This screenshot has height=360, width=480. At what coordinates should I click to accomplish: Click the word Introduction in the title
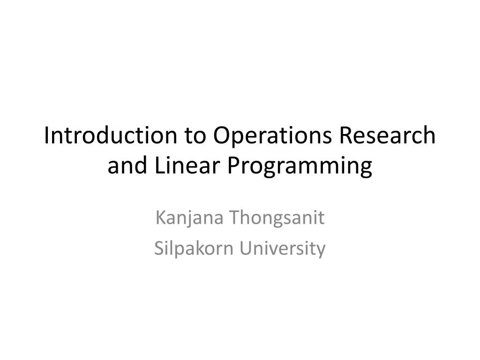(x=111, y=136)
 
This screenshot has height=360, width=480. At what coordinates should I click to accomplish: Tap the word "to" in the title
(x=195, y=136)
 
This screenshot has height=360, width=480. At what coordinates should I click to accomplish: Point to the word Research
(x=387, y=136)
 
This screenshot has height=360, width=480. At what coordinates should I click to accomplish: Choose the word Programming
(x=300, y=166)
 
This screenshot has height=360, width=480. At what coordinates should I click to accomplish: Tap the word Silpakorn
(x=195, y=248)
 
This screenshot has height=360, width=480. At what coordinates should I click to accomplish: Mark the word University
(x=283, y=248)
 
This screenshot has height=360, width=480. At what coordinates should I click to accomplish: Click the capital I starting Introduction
(x=47, y=136)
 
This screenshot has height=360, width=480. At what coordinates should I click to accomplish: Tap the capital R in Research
(x=345, y=136)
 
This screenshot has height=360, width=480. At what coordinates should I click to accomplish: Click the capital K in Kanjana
(x=159, y=218)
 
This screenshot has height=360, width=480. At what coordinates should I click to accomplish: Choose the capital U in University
(x=246, y=248)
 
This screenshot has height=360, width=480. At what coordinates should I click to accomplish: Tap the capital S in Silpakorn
(x=158, y=248)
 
